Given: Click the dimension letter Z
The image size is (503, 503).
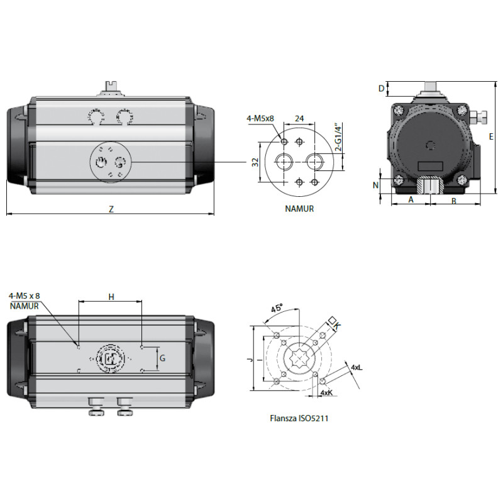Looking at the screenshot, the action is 111,209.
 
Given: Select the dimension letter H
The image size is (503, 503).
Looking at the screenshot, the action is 111,297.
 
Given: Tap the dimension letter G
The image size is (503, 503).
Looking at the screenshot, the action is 162,358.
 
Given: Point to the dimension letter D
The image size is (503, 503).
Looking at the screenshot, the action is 381,88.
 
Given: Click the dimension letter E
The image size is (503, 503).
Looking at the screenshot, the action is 491,136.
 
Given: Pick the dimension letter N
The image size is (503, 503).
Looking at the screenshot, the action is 375,185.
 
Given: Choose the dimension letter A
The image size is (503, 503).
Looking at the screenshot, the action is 411,199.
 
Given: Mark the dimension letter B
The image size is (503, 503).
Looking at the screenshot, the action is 454,201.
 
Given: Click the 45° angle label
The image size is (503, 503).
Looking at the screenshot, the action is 277,308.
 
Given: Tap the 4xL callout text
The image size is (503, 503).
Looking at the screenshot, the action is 357,367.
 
